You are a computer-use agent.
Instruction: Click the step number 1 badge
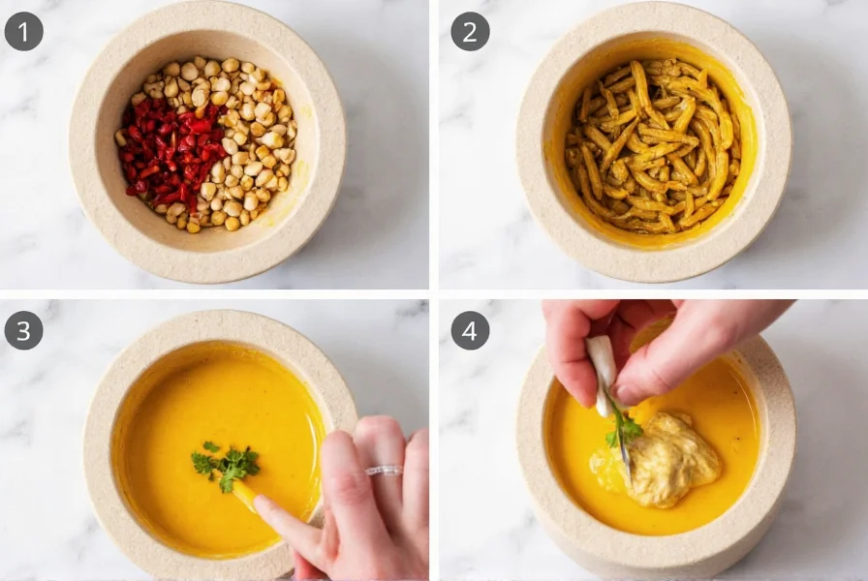[x=23, y=32]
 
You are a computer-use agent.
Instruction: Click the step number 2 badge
[x=470, y=32]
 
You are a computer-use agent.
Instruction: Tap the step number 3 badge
[x=23, y=330]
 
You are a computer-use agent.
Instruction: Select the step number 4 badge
[x=470, y=330]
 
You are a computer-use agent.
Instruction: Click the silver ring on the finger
[x=384, y=472]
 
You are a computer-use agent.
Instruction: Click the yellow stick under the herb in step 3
[x=245, y=495]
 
